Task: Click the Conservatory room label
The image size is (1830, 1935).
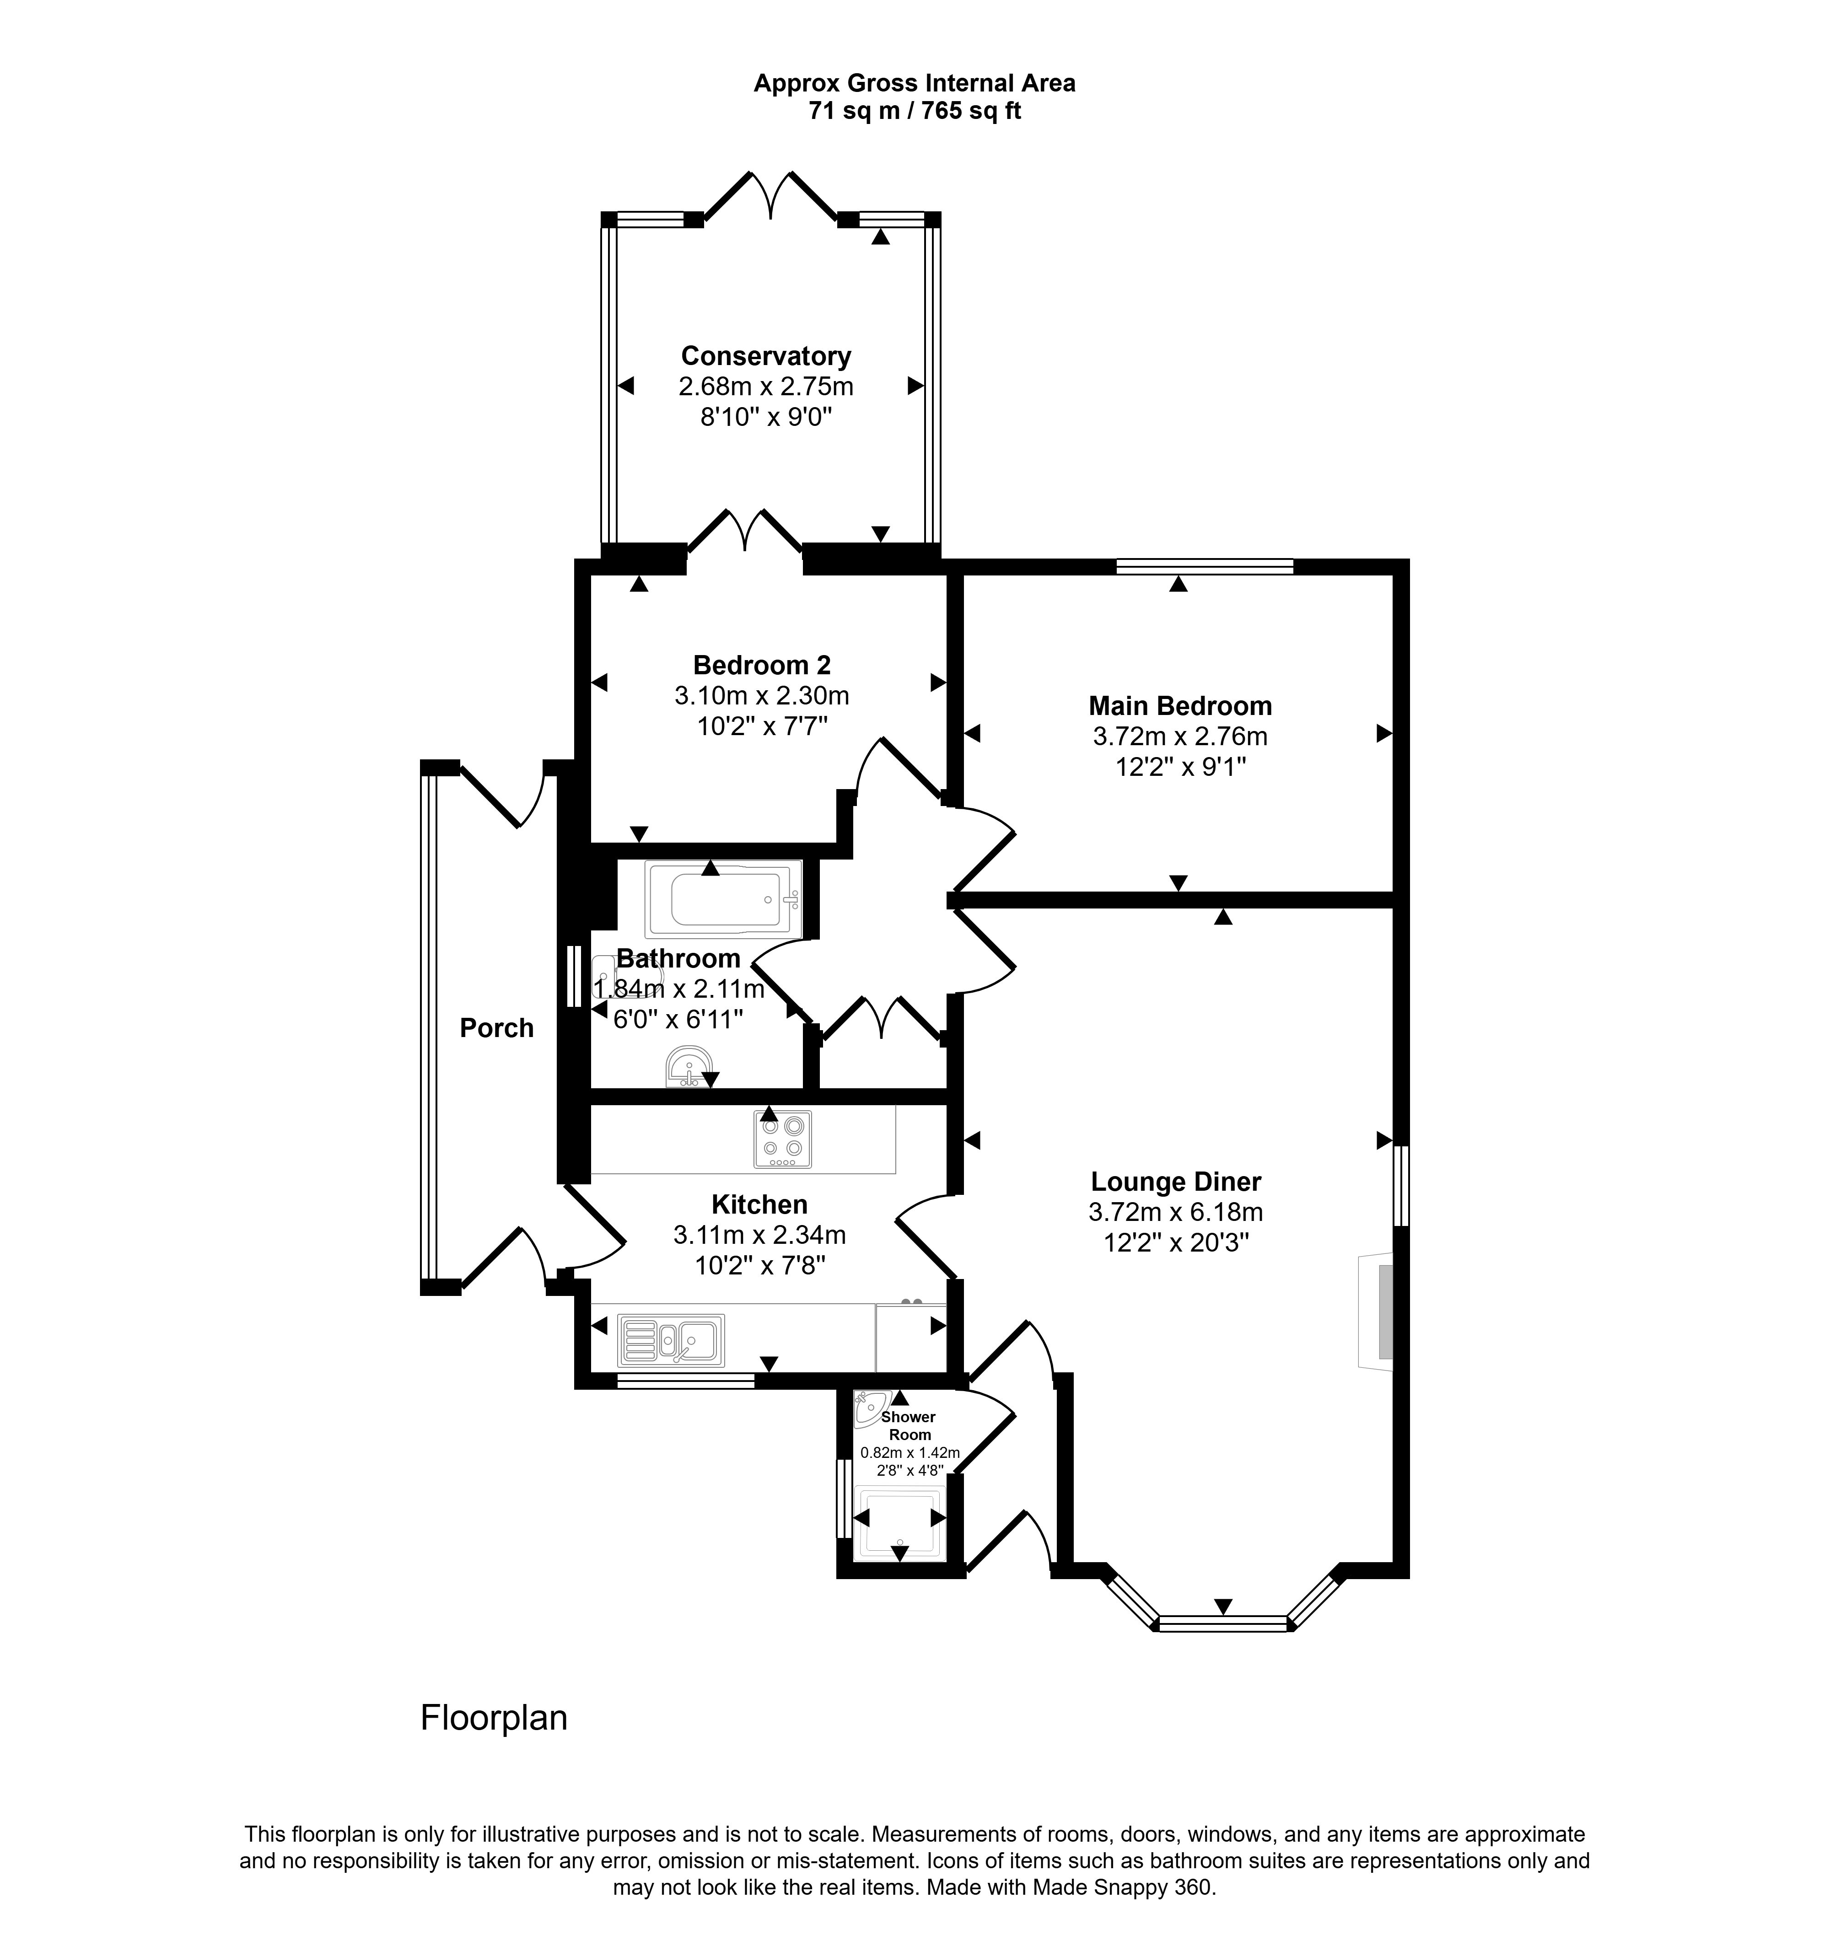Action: point(766,356)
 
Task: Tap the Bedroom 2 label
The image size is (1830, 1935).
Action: point(762,665)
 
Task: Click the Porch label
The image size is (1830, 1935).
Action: point(496,1028)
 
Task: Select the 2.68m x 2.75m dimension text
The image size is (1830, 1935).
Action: point(766,386)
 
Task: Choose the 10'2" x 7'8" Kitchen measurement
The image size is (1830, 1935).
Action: point(760,1266)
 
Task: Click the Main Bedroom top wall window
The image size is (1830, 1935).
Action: point(1205,566)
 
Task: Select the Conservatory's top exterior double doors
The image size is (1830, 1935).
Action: point(770,196)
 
